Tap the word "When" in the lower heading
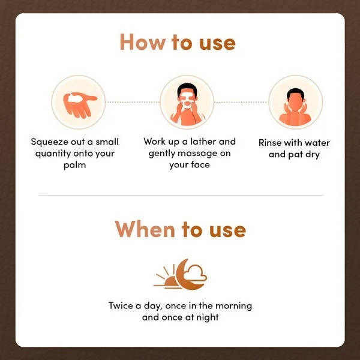coord(144,229)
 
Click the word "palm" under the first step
coord(74,164)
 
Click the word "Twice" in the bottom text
coord(122,305)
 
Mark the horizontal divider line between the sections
coord(181,195)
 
